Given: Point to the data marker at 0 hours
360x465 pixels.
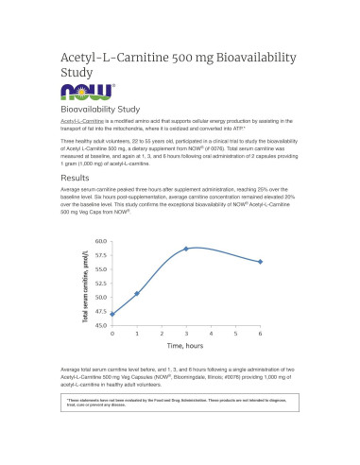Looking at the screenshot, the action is pyautogui.click(x=112, y=314).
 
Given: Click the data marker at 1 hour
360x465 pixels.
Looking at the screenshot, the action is pyautogui.click(x=137, y=293).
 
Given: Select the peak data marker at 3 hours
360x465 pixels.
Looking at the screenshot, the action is pyautogui.click(x=186, y=249).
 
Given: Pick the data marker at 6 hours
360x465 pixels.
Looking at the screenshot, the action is pyautogui.click(x=260, y=262).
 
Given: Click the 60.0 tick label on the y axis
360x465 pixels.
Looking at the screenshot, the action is pyautogui.click(x=100, y=242).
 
